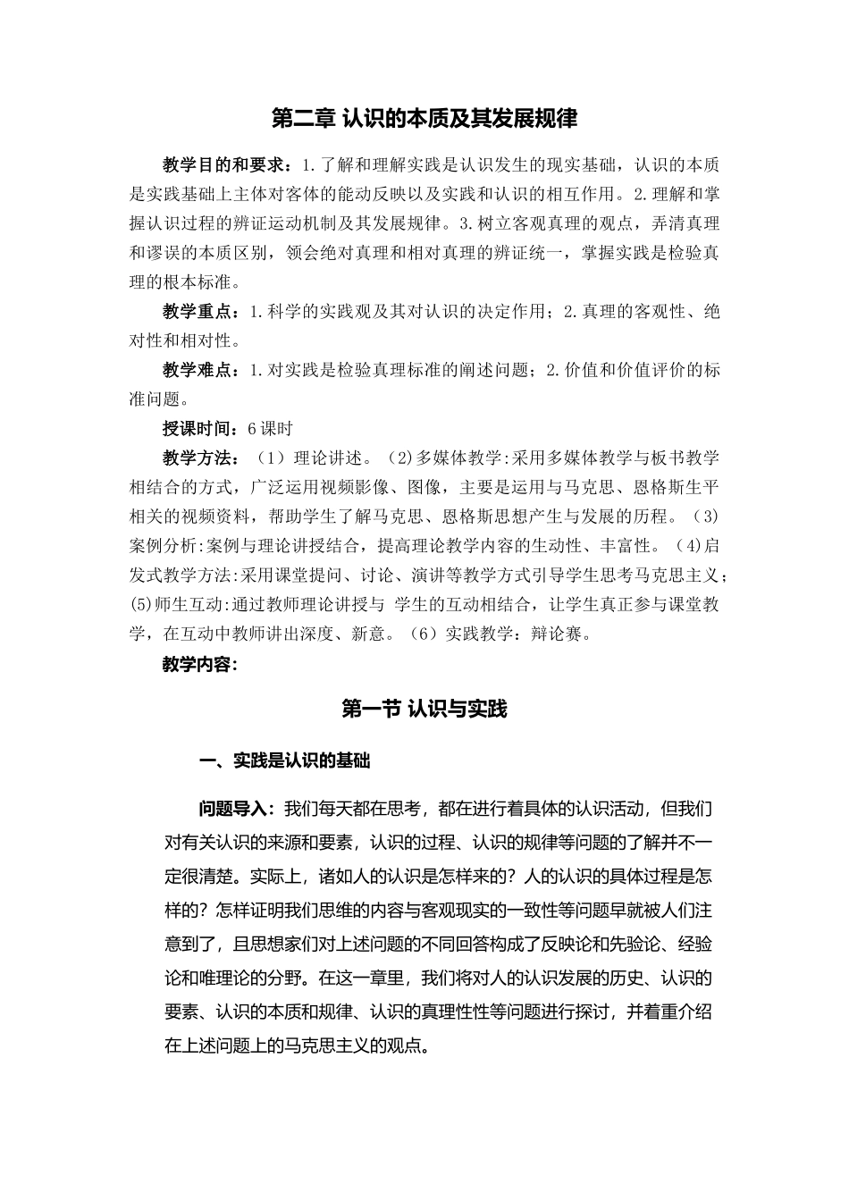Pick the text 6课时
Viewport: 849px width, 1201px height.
tap(270, 429)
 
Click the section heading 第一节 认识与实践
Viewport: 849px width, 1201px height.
tap(424, 709)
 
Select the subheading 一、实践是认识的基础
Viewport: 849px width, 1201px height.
tap(284, 760)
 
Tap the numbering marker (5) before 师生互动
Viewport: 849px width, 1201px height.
tap(142, 605)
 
